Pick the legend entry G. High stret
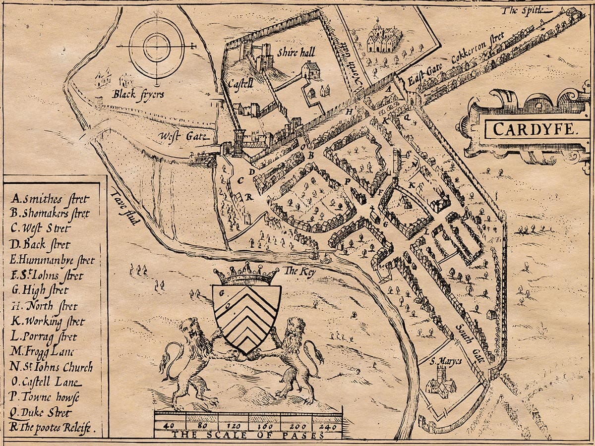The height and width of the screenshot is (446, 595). click(x=40, y=291)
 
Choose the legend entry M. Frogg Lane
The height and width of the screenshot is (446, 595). click(x=42, y=352)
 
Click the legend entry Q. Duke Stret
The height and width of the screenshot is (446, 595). click(x=41, y=412)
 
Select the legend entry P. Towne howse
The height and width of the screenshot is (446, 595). click(x=45, y=397)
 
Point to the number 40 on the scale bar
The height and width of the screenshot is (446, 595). click(x=169, y=426)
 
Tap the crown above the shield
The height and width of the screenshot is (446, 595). click(x=246, y=275)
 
